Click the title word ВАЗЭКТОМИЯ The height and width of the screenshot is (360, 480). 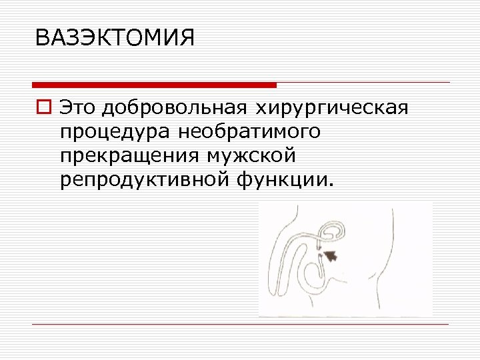115,38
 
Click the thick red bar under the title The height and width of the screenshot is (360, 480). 155,85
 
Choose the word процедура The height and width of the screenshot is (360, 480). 115,132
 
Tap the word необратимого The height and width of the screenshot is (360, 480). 249,132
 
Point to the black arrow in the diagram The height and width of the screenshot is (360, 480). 330,254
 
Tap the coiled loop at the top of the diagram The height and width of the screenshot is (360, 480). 332,232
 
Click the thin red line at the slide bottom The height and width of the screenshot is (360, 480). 240,324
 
